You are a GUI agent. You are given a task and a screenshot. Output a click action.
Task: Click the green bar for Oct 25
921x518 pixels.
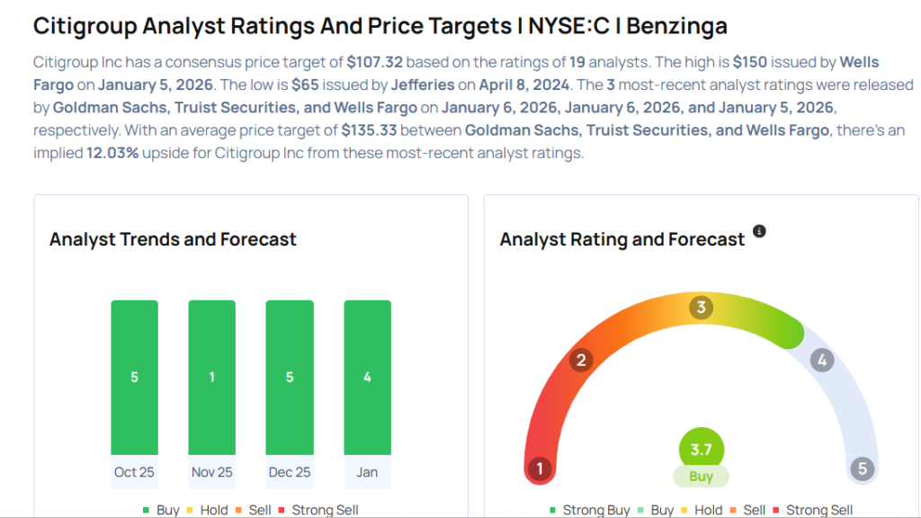click(134, 377)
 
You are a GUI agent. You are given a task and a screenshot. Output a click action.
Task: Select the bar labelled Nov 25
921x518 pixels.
click(211, 377)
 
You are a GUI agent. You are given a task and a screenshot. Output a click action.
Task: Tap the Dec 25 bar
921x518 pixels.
click(290, 377)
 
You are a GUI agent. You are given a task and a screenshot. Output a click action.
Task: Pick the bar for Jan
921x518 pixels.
click(367, 377)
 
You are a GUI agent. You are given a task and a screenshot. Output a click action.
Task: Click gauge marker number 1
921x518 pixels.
click(540, 469)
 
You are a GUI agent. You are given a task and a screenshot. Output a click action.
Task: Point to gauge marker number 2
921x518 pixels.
click(581, 361)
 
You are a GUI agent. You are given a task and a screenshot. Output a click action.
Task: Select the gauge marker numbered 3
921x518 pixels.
click(701, 308)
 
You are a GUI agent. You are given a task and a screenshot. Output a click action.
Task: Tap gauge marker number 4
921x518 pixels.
click(820, 361)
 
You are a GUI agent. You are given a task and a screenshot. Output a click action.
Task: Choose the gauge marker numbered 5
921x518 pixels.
click(862, 469)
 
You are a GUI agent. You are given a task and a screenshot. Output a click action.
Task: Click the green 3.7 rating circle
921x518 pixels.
click(701, 449)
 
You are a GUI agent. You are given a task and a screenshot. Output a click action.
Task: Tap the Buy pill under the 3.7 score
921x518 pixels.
click(701, 477)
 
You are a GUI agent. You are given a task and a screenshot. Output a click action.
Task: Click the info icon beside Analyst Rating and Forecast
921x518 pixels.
click(759, 232)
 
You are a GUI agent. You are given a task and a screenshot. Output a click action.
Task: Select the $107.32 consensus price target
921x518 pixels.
click(377, 62)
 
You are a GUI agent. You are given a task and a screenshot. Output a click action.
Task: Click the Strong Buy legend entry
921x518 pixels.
click(589, 510)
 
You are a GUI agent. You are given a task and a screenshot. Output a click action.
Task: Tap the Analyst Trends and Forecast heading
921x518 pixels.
click(173, 239)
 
